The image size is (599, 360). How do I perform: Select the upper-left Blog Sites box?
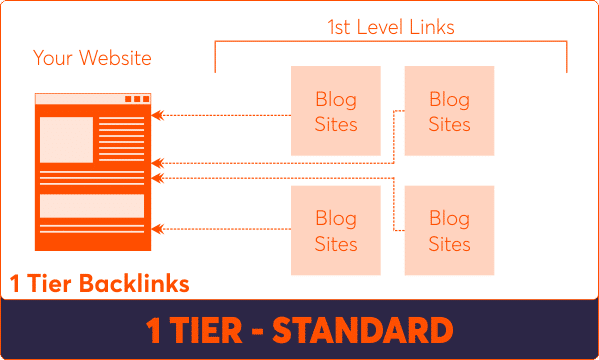[335, 111]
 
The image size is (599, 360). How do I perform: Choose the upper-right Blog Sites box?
[449, 111]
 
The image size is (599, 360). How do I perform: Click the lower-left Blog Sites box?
[335, 230]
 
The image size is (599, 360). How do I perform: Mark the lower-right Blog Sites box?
[449, 230]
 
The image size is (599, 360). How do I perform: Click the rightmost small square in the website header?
[144, 99]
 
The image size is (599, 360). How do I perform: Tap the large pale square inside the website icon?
[66, 139]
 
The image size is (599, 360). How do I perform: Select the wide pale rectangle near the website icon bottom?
[92, 205]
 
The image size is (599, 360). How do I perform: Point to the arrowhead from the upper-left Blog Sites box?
[164, 116]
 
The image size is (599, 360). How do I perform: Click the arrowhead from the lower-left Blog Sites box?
[164, 229]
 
